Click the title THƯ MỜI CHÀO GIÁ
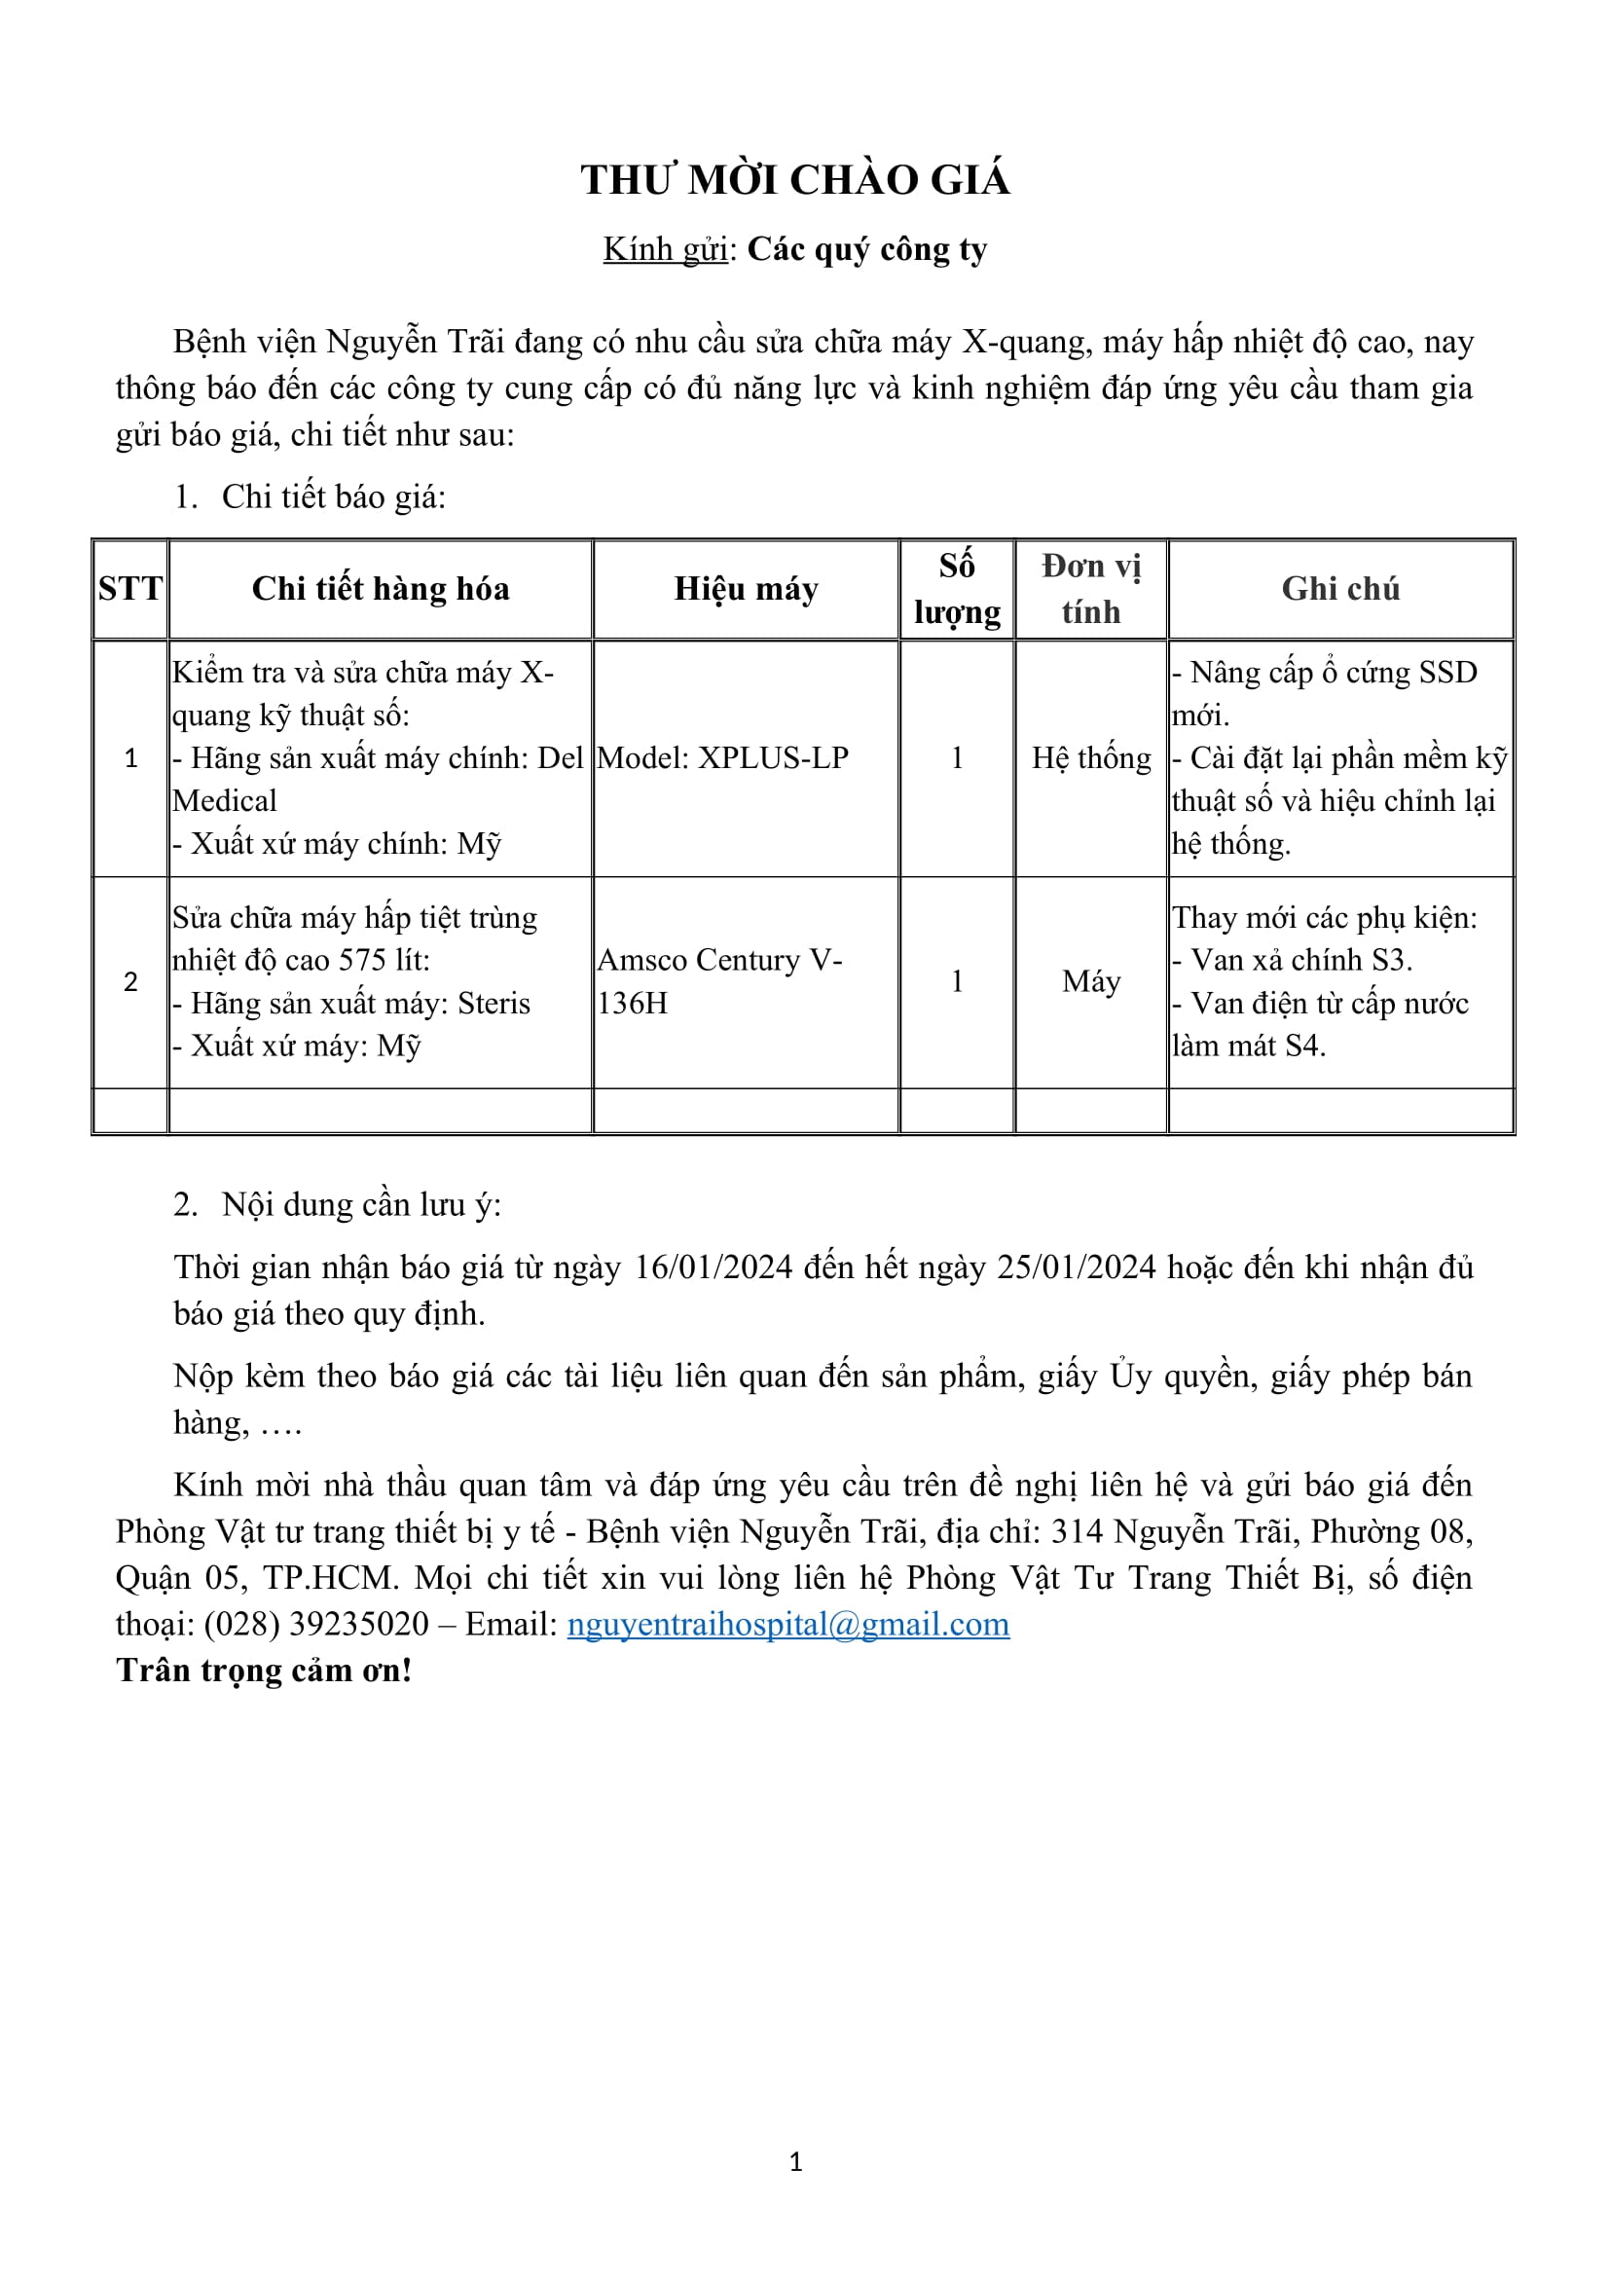(795, 179)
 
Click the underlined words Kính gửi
(665, 249)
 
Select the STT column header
(129, 588)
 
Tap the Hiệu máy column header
(746, 588)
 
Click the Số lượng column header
(957, 588)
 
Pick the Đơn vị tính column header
(1090, 588)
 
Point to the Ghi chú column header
(1340, 588)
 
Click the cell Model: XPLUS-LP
(722, 757)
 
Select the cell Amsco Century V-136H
(719, 981)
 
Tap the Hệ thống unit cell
(1090, 757)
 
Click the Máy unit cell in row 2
(1090, 981)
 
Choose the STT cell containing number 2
(129, 981)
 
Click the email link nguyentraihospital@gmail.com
(788, 1624)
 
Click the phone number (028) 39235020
(316, 1624)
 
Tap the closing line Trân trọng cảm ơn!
(264, 1671)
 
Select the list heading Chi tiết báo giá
(333, 496)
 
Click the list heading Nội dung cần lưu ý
(361, 1204)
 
